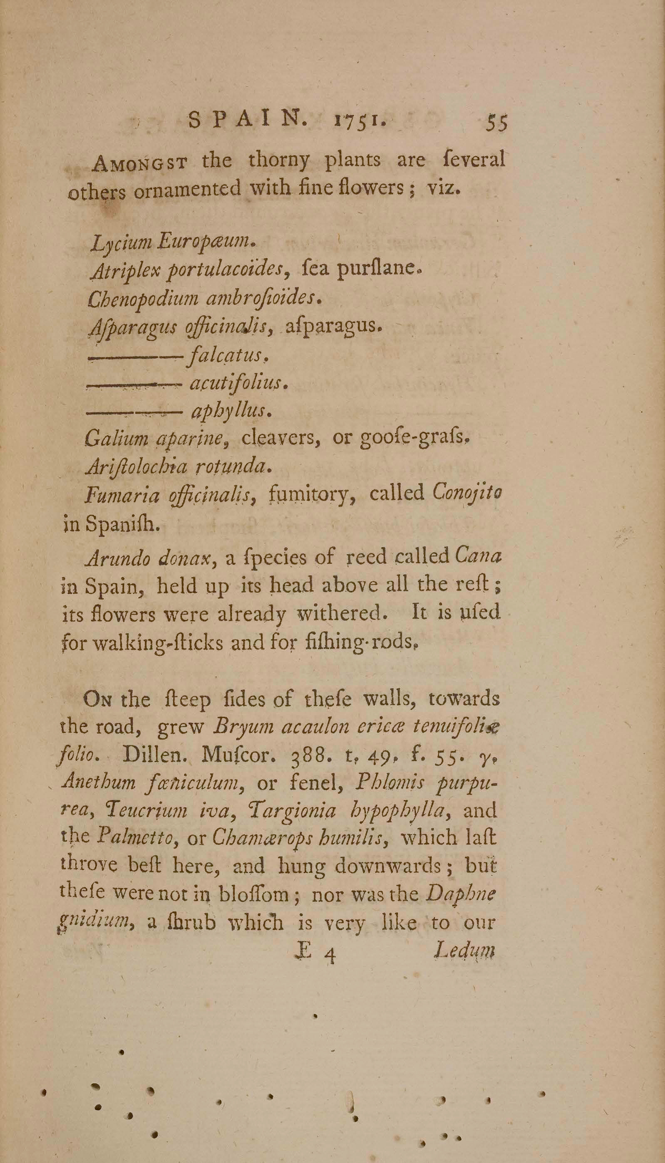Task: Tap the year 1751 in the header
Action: (361, 121)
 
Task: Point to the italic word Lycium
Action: (122, 242)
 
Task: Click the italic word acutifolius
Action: (238, 383)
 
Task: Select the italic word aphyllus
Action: (231, 411)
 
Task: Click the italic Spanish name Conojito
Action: (467, 493)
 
